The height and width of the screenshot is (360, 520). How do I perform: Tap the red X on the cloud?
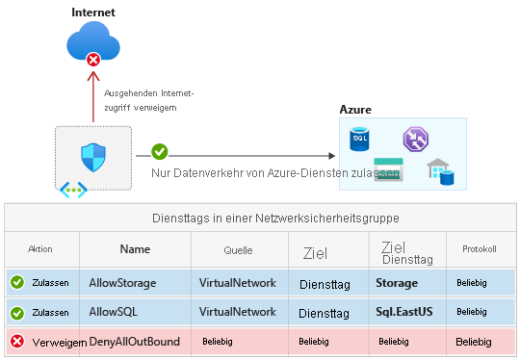93,61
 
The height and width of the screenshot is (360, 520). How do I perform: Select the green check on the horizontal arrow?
160,152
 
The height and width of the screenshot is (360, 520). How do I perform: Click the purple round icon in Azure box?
415,139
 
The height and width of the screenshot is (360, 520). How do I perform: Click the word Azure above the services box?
354,110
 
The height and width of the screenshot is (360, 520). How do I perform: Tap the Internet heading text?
94,12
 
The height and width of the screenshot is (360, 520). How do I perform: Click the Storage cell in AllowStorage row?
397,283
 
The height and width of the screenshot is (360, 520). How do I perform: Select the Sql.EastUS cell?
405,312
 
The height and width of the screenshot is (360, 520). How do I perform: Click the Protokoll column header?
478,248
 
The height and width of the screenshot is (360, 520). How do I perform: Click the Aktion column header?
40,248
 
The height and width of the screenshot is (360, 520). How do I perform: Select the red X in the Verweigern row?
16,342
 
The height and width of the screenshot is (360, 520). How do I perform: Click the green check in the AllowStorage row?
16,283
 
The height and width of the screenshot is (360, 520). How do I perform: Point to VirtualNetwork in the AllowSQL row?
237,312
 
